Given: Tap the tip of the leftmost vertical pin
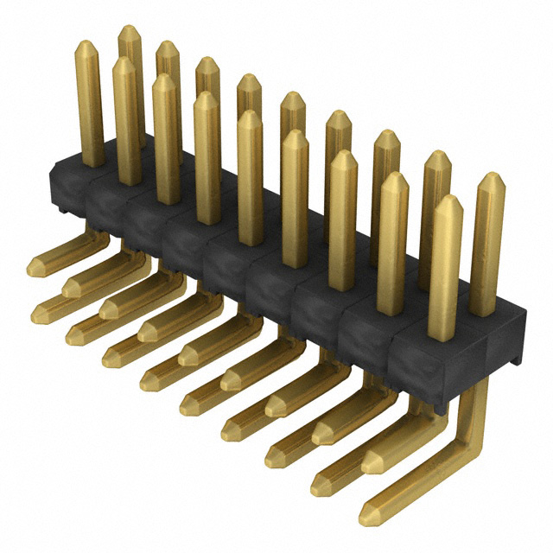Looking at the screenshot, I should pos(87,47).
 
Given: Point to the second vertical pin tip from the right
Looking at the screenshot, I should pos(447,202).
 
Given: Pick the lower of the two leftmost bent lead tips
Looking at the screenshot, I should pos(40,313).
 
